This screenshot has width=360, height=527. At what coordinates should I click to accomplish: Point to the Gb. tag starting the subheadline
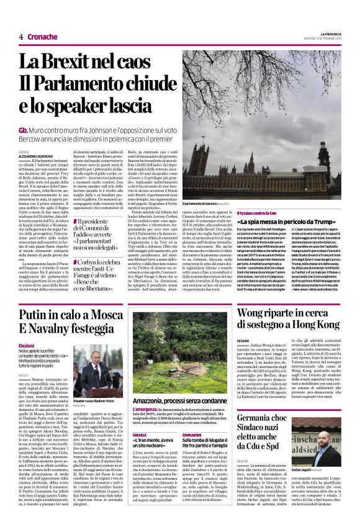click(x=24, y=131)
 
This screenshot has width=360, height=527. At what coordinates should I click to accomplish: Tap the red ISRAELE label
click(x=140, y=417)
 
